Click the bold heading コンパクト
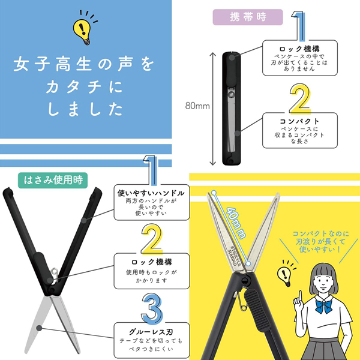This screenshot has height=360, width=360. point(299,121)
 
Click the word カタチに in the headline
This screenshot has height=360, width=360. point(82,88)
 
